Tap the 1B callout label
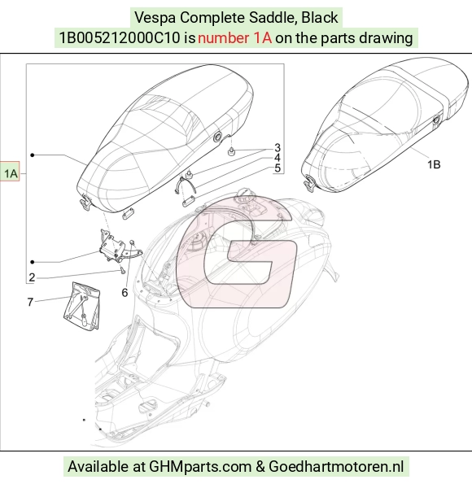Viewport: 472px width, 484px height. pyautogui.click(x=434, y=164)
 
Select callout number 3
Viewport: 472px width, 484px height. pyautogui.click(x=277, y=147)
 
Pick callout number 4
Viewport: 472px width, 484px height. pyautogui.click(x=277, y=158)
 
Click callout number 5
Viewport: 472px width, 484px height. pyautogui.click(x=278, y=168)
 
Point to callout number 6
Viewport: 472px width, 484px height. pyautogui.click(x=125, y=293)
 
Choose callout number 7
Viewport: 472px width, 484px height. pyautogui.click(x=30, y=302)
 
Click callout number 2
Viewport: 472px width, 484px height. pyautogui.click(x=32, y=277)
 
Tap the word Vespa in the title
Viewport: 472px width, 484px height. pyautogui.click(x=155, y=18)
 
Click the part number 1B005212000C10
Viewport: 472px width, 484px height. pyautogui.click(x=120, y=38)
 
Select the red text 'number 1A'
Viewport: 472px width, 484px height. pyautogui.click(x=234, y=38)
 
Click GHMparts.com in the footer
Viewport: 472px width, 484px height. pyautogui.click(x=200, y=466)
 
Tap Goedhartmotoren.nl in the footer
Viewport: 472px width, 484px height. pyautogui.click(x=336, y=466)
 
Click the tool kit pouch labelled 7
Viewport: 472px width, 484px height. pyautogui.click(x=81, y=306)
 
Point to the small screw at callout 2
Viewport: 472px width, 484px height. pyautogui.click(x=122, y=271)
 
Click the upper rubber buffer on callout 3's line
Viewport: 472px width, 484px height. pyautogui.click(x=231, y=151)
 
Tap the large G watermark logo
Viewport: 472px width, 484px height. pyautogui.click(x=237, y=251)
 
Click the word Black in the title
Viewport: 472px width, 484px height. pyautogui.click(x=319, y=18)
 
